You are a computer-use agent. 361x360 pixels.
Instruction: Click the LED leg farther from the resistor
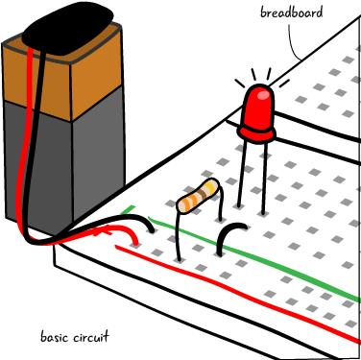pos(263,178)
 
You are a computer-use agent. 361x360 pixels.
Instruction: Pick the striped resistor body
pos(198,195)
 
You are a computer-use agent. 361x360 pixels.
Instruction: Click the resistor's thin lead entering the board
pos(180,236)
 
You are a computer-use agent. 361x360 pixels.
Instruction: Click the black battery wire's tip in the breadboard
pos(151,229)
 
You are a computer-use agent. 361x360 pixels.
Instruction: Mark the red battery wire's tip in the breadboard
pos(135,239)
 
